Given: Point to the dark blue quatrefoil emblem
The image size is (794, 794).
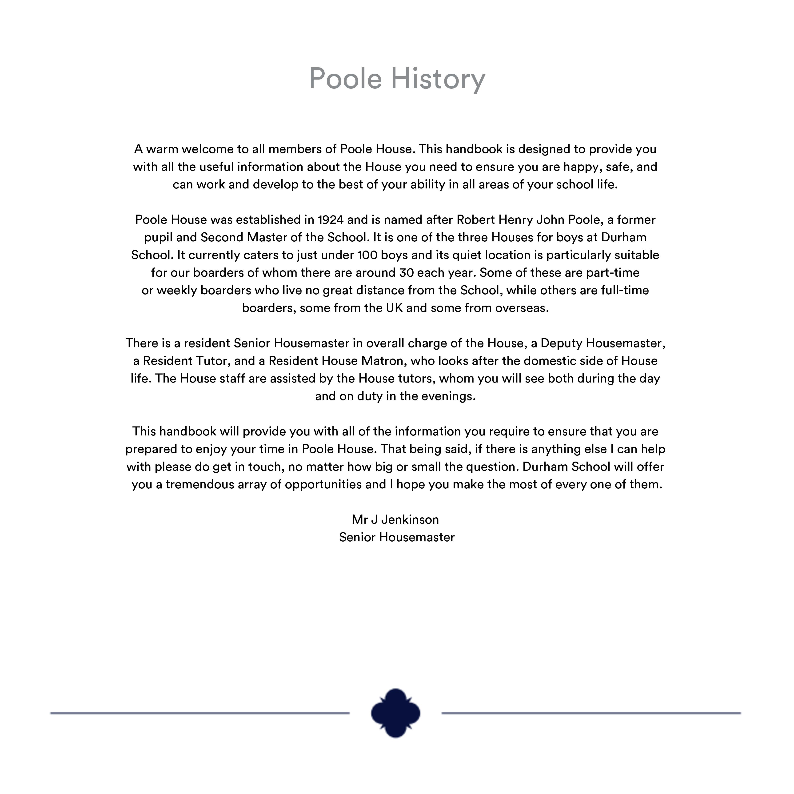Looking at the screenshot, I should pos(395,713).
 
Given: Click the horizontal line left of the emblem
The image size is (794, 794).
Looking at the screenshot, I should pos(200,713).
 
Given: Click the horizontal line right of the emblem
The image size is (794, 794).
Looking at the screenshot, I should pos(591,713).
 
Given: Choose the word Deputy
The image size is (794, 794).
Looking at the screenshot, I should pos(561,343).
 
